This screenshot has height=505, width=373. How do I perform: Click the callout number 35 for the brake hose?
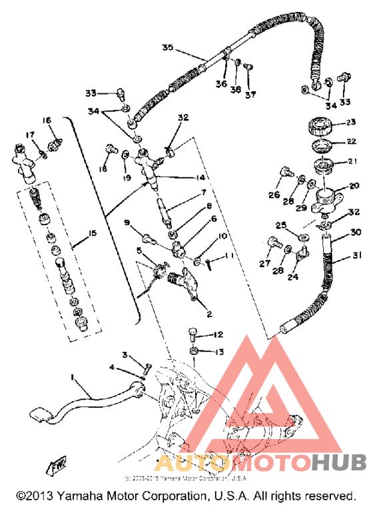[167, 47]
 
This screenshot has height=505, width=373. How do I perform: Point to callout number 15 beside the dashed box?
[93, 233]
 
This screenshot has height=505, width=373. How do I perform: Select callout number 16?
[47, 121]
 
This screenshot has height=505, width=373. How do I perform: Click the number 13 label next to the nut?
[218, 350]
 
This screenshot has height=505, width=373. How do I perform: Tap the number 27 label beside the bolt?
[265, 264]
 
